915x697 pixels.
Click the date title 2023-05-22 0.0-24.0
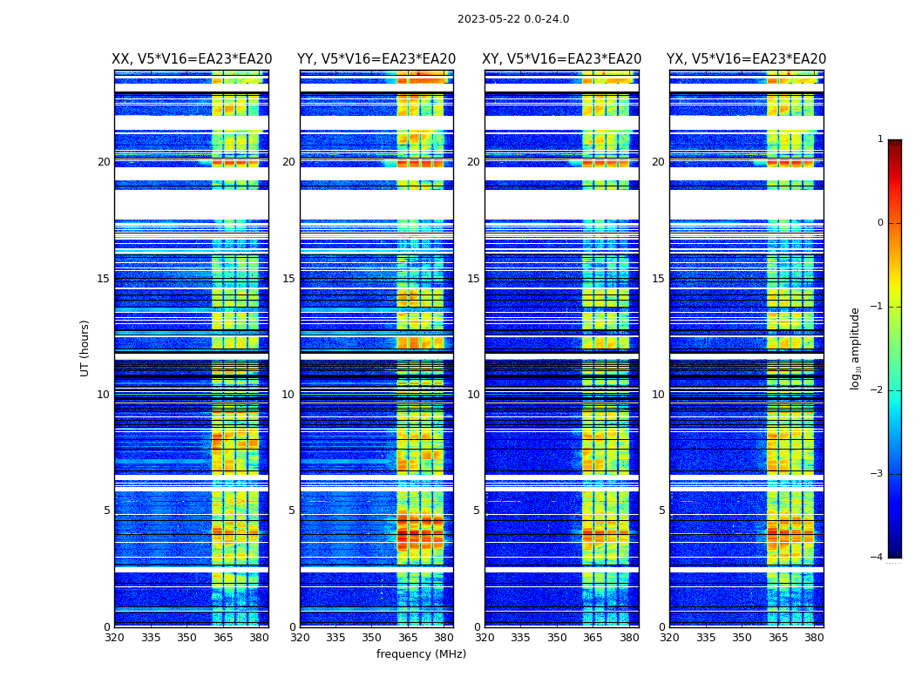pyautogui.click(x=513, y=19)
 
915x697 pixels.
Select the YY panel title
pyautogui.click(x=376, y=59)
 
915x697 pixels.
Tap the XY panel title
pyautogui.click(x=562, y=59)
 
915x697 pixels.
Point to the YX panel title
pyautogui.click(x=747, y=59)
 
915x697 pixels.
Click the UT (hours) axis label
pyautogui.click(x=85, y=348)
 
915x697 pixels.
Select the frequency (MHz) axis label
pyautogui.click(x=421, y=654)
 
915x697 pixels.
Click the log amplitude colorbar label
pyautogui.click(x=856, y=348)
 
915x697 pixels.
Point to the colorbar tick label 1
pyautogui.click(x=880, y=139)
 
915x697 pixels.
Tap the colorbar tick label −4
pyautogui.click(x=878, y=558)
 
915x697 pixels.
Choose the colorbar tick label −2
pyautogui.click(x=878, y=390)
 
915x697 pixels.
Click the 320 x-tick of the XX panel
pyautogui.click(x=114, y=638)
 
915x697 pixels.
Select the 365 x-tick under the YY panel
pyautogui.click(x=408, y=638)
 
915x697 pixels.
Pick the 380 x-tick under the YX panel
pyautogui.click(x=814, y=638)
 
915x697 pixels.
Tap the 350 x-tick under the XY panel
pyautogui.click(x=557, y=638)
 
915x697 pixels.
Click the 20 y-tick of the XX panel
pyautogui.click(x=104, y=162)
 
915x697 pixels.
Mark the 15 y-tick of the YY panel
pyautogui.click(x=288, y=279)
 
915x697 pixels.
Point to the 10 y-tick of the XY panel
pyautogui.click(x=473, y=395)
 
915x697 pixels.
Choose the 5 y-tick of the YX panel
pyautogui.click(x=661, y=511)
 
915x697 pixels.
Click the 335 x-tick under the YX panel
pyautogui.click(x=706, y=638)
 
